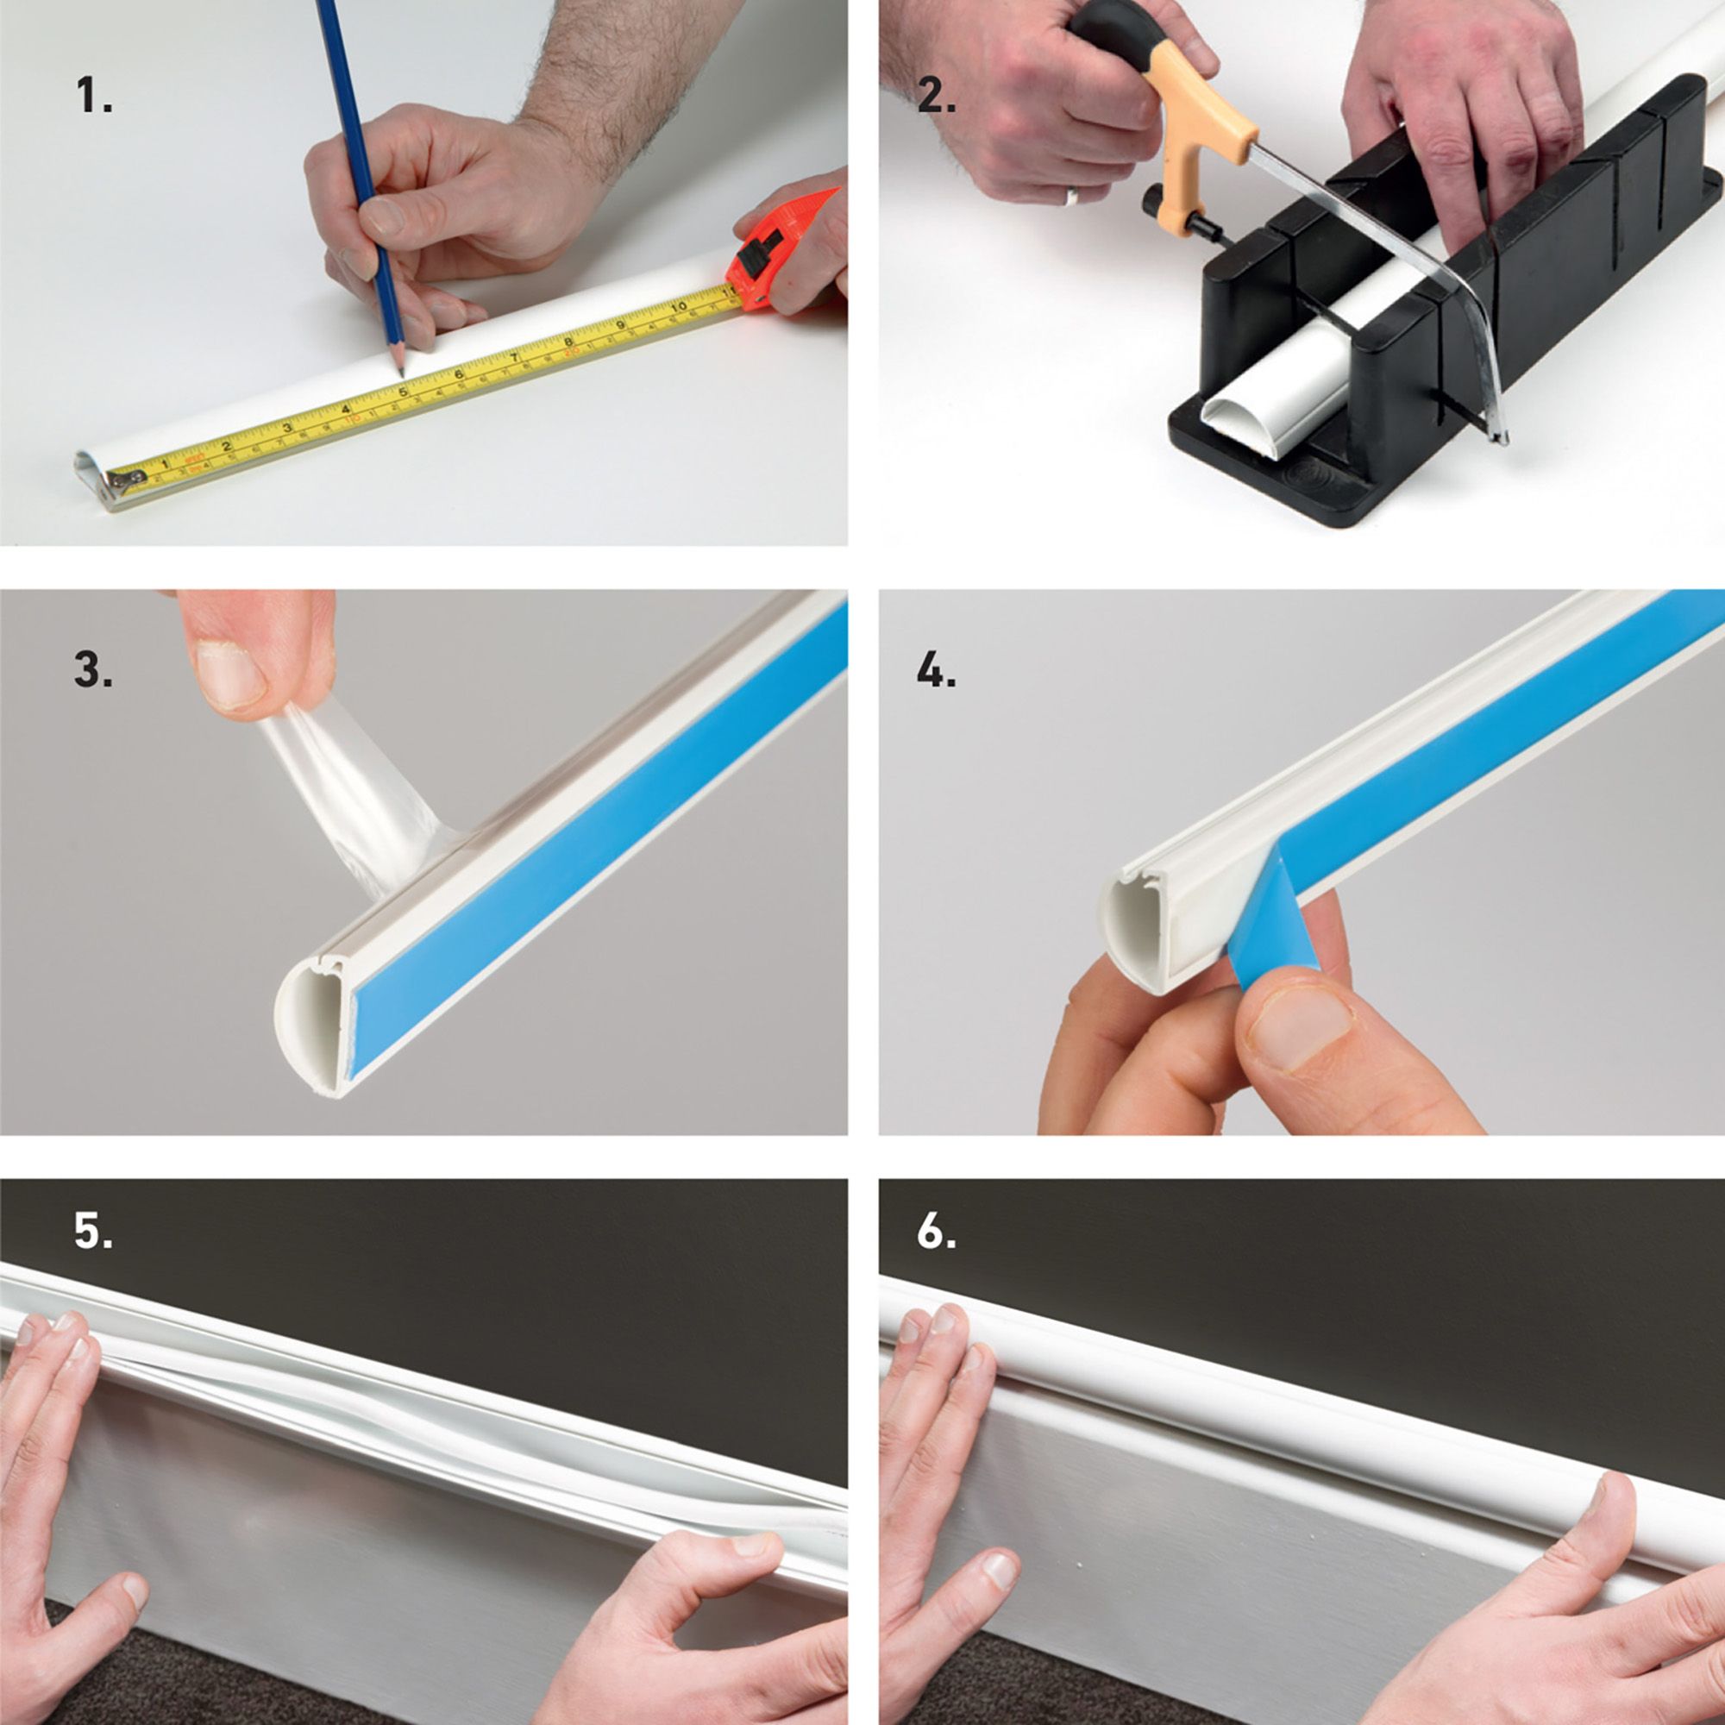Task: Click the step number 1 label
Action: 93,96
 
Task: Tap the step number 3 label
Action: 93,669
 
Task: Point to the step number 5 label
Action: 93,1231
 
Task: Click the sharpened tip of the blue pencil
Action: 400,370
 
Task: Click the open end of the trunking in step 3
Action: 308,1026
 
